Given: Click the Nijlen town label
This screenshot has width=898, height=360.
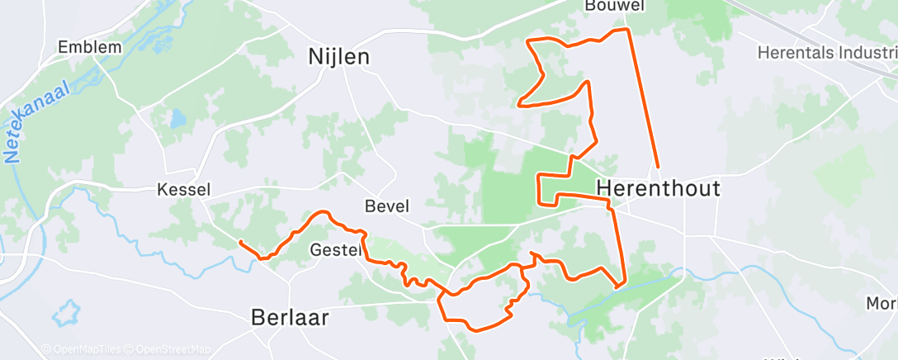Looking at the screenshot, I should tap(338, 57).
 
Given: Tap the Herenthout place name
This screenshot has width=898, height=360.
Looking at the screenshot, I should tap(658, 188).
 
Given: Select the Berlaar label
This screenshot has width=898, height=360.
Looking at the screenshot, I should tap(291, 317).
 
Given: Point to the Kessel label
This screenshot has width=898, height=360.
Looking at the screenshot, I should tap(183, 190).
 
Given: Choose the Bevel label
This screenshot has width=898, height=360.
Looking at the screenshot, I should tap(386, 206).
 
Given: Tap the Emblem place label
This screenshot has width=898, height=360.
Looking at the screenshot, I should tap(90, 47).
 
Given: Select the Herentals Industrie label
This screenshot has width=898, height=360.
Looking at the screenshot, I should tap(825, 51).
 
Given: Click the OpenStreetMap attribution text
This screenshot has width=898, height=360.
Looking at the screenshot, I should tap(173, 349).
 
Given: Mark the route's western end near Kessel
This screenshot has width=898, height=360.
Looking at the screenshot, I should tap(240, 242).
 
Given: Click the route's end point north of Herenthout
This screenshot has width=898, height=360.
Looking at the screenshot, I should tap(658, 168).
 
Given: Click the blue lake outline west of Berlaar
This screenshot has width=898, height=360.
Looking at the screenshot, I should tap(65, 314).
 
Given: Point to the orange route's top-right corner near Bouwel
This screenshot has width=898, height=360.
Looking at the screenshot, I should tap(627, 30).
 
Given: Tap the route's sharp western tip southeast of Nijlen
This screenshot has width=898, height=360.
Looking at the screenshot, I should tap(518, 105).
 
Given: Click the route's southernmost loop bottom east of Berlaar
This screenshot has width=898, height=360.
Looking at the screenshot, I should tap(475, 330).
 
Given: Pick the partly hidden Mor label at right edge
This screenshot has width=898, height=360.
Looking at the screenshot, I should tap(881, 303).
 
